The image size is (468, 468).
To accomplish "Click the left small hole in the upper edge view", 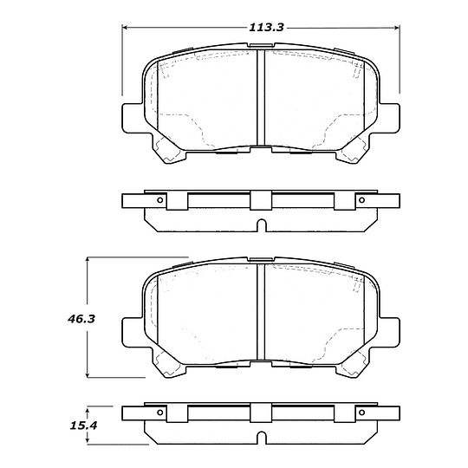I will pos(160,201).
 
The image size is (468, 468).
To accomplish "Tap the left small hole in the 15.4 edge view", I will pos(160,414).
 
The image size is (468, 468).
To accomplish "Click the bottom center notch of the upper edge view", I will pos(261,227).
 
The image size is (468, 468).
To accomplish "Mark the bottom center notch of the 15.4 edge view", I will pos(261,440).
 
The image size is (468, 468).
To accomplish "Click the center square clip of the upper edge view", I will pos(261,201).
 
